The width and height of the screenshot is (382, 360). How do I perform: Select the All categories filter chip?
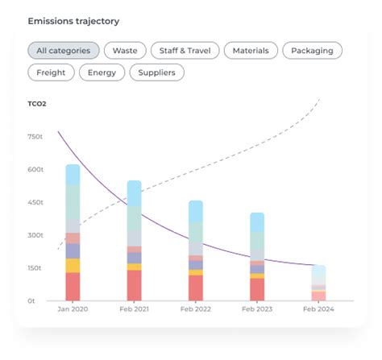tap(64, 51)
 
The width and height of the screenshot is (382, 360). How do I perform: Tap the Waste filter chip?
tap(124, 51)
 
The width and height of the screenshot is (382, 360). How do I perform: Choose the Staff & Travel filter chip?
tap(185, 51)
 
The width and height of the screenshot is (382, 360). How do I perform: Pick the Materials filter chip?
tap(251, 51)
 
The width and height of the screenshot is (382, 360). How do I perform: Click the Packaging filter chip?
tap(312, 51)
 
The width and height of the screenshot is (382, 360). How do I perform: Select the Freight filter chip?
tap(52, 72)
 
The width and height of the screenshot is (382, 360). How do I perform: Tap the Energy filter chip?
tap(102, 72)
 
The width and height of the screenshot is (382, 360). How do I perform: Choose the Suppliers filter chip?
tap(157, 72)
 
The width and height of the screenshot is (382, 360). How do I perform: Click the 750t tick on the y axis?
tap(35, 137)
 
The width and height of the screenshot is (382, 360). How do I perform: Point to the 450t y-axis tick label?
tap(35, 202)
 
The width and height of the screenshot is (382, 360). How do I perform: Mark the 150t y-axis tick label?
tap(35, 268)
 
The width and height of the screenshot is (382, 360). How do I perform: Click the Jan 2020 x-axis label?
tap(73, 309)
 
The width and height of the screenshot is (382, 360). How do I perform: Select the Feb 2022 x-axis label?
tap(196, 309)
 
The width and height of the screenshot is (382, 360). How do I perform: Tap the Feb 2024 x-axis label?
tap(318, 309)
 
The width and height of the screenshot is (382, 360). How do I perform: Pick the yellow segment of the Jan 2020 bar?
tap(73, 266)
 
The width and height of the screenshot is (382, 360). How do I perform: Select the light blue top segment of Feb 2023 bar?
tap(257, 222)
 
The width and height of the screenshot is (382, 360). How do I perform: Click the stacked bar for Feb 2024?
tap(318, 283)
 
